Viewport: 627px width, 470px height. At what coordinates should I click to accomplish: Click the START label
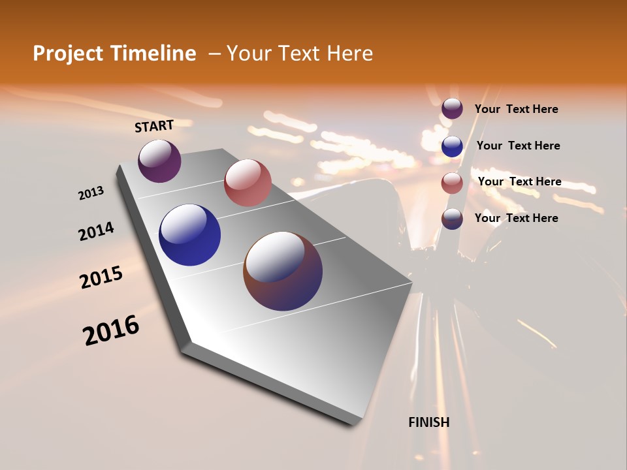point(154,126)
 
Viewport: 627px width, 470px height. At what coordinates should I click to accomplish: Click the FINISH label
point(429,422)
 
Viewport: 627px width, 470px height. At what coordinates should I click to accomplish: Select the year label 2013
point(91,193)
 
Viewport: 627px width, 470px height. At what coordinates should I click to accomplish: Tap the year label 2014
point(96,232)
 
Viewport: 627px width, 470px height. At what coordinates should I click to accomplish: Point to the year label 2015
point(101,277)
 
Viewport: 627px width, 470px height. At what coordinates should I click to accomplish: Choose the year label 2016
point(111,330)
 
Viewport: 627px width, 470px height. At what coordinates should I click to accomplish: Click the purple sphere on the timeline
point(159,161)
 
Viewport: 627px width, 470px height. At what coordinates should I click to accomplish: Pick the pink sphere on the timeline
point(248,183)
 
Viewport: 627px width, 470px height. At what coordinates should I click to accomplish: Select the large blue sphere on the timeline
point(189,235)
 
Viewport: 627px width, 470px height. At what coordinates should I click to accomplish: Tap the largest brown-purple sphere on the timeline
point(283,271)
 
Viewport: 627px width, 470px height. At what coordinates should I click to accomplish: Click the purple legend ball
point(452,109)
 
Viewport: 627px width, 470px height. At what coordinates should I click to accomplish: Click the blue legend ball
point(452,146)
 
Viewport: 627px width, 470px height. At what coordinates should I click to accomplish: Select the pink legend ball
point(452,182)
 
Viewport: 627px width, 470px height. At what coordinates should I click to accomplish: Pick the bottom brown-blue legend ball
point(452,219)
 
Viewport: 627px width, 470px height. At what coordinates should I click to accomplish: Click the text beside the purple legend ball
point(516,109)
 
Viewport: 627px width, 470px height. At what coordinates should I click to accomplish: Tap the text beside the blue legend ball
point(518,146)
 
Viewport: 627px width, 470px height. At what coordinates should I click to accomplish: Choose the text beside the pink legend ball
point(519,181)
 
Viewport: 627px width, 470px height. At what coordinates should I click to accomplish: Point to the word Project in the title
point(69,54)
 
